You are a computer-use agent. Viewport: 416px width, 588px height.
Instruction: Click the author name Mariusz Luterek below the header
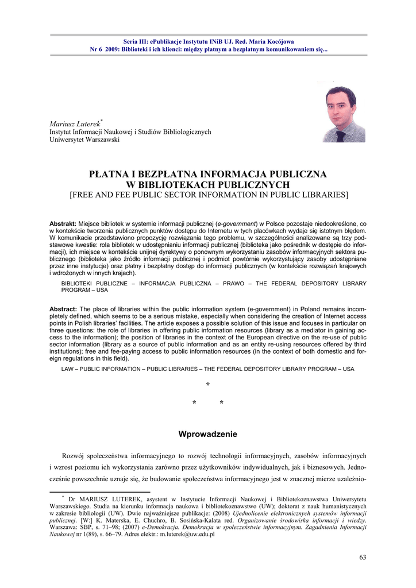[74, 123]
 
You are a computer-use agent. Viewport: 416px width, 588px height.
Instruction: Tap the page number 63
[362, 557]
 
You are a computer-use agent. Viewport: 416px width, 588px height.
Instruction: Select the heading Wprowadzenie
[207, 434]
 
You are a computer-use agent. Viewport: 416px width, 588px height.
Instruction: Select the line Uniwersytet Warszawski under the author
[84, 140]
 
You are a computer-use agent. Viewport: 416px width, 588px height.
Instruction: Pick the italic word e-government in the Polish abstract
[237, 223]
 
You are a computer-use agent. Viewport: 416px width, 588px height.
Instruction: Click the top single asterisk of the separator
[207, 384]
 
